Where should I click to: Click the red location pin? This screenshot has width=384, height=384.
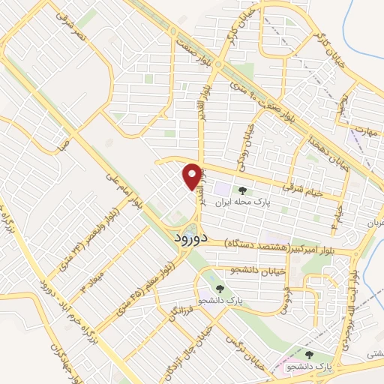(x=192, y=176)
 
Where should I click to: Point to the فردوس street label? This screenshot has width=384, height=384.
(x=284, y=297)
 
